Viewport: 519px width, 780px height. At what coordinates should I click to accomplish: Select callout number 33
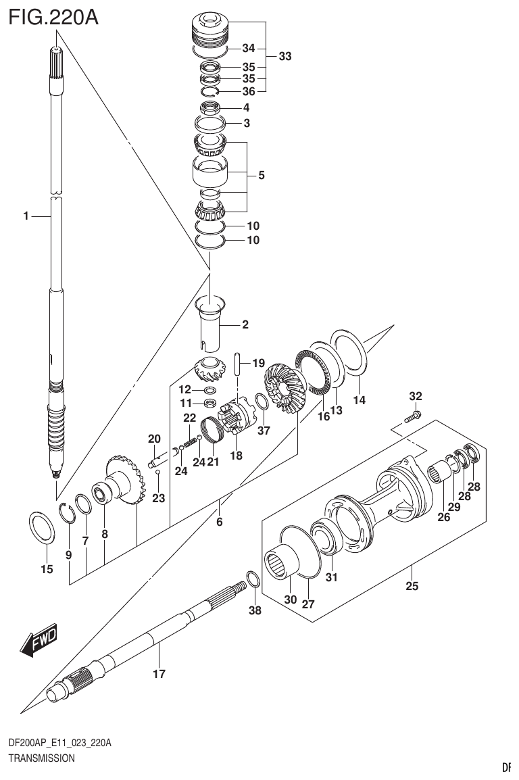coord(285,57)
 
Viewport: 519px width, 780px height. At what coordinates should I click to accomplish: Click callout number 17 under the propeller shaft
coord(159,673)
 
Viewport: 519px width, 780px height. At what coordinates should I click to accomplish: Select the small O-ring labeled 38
coord(252,580)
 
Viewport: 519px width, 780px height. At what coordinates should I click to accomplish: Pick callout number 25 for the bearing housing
coord(412,585)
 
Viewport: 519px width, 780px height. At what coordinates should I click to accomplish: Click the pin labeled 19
coord(239,364)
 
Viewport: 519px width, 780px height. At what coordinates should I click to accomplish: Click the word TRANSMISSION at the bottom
coord(41,758)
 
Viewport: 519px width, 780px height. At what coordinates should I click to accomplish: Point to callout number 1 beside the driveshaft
coord(25,216)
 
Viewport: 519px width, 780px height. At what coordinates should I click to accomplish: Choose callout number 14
coord(359,400)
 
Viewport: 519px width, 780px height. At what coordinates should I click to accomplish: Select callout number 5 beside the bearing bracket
coord(261,175)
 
